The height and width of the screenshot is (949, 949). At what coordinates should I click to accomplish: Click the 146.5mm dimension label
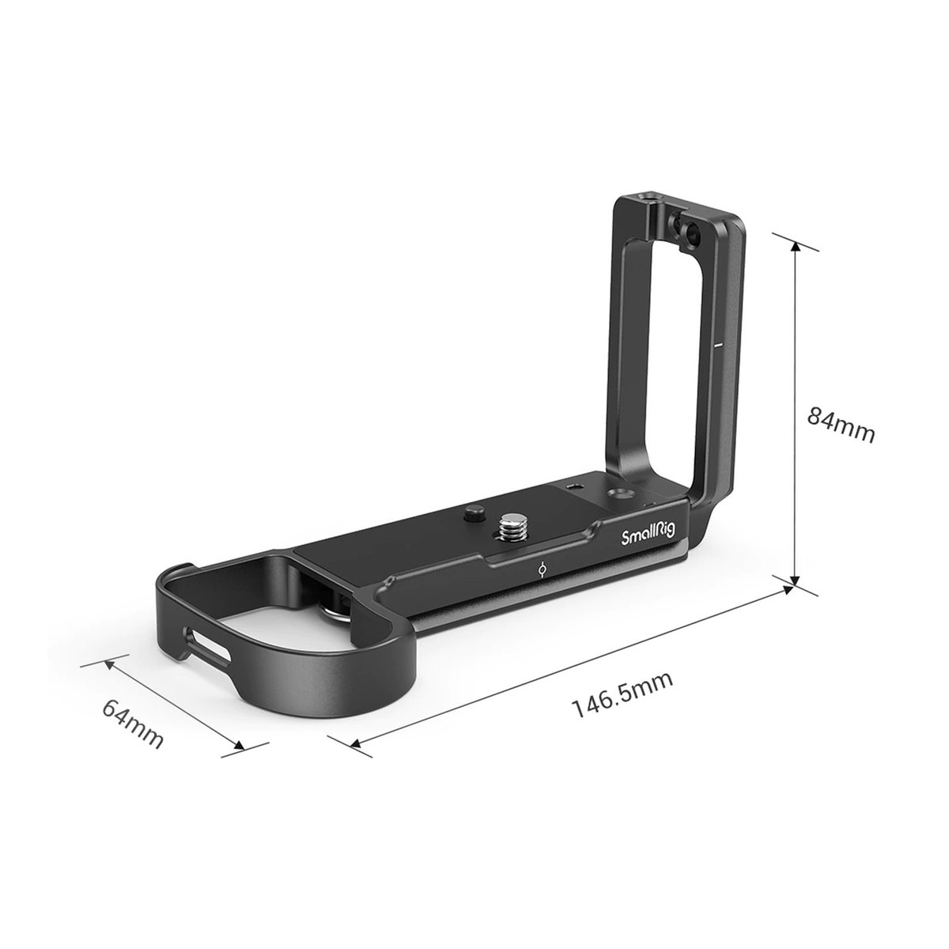622,696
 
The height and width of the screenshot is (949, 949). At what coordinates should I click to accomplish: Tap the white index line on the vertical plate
717,346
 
